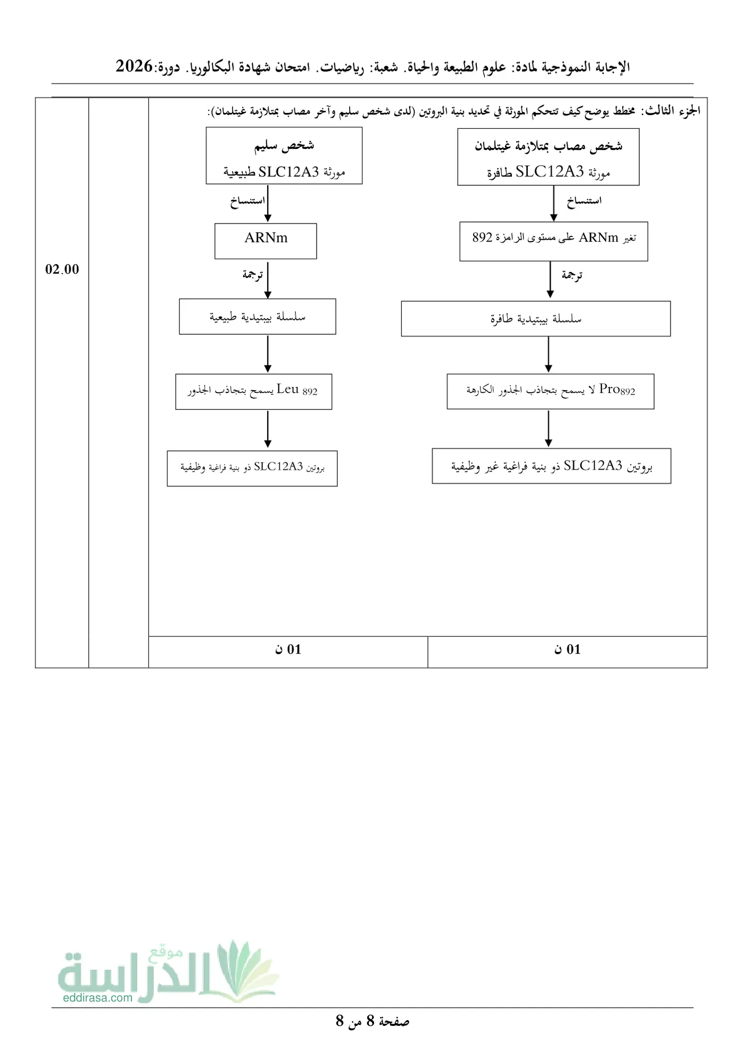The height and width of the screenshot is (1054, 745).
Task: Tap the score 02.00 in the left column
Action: (62, 269)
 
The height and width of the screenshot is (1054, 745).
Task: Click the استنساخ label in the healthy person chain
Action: (247, 201)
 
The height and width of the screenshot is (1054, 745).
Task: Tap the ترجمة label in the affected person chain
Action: (572, 275)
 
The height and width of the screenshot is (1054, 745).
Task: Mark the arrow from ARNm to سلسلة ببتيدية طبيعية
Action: (268, 280)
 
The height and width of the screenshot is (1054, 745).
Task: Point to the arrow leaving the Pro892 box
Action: (549, 429)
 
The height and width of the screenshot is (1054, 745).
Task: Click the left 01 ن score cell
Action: (288, 652)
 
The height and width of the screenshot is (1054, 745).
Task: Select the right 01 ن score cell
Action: (567, 652)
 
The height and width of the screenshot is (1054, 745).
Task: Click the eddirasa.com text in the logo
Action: (97, 998)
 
